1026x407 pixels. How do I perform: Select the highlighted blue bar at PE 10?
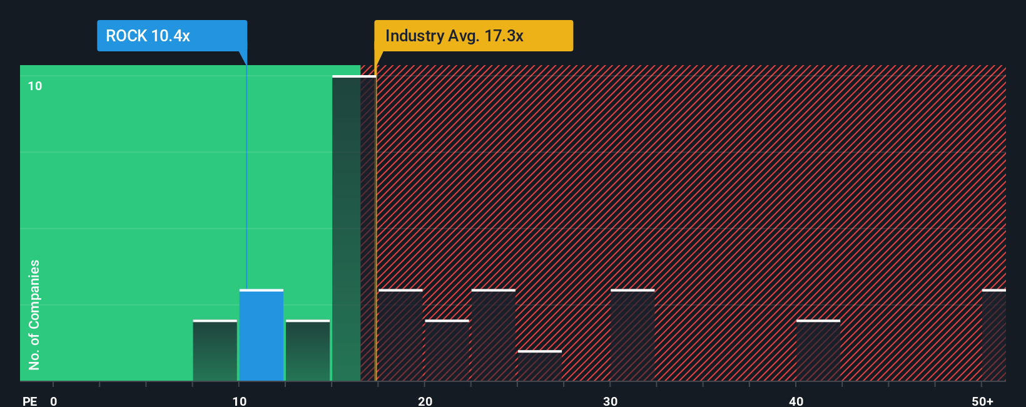tap(262, 335)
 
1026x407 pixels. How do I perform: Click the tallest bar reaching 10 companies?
tap(353, 229)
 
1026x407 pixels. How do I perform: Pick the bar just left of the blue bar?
tap(215, 351)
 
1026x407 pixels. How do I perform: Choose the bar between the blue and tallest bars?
tap(308, 351)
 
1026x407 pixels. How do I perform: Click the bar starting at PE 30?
tap(632, 335)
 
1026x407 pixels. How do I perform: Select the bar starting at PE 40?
tap(818, 351)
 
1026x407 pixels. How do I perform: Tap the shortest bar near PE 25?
tap(540, 366)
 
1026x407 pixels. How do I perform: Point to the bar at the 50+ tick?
tap(993, 335)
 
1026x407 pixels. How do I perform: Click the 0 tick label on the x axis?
tap(54, 401)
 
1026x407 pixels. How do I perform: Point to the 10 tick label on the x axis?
tap(239, 401)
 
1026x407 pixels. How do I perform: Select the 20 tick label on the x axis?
tap(425, 401)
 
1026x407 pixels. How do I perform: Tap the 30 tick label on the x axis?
tap(611, 401)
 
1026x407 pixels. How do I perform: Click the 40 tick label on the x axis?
tap(796, 401)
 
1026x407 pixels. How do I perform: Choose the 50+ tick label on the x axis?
tap(982, 401)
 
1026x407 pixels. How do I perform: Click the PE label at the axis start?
tap(29, 401)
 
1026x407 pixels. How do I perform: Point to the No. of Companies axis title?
tap(34, 314)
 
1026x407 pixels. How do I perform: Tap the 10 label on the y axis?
tap(35, 86)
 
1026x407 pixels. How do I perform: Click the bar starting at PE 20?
tap(447, 351)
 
